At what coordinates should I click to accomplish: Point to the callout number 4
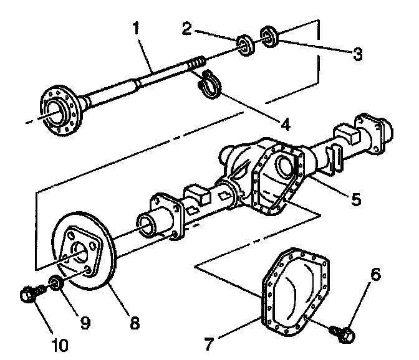286,123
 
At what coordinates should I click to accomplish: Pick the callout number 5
355,199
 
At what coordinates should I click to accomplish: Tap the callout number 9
85,322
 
